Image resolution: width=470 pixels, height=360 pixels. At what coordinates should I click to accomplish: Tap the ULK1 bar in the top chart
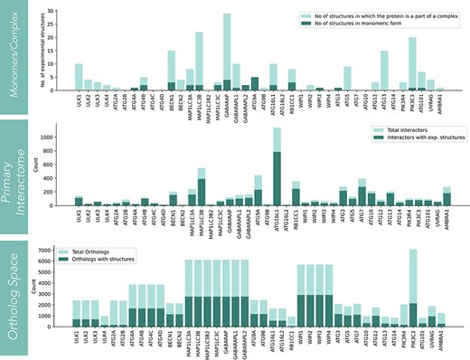coord(79,78)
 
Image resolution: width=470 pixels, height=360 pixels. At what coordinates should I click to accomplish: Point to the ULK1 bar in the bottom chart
coord(79,313)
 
